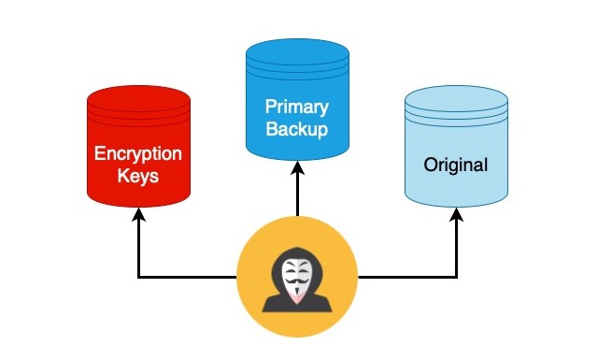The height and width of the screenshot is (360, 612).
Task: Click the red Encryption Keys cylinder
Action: point(138,150)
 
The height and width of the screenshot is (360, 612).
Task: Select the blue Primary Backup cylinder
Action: point(297,103)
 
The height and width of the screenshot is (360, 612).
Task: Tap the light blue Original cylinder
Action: point(456,150)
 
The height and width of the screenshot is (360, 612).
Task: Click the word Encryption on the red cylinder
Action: point(138,153)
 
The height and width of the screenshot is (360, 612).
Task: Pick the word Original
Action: point(456,166)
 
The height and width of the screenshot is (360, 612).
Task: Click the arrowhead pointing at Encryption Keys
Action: point(138,215)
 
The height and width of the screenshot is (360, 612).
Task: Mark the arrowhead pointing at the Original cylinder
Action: point(456,215)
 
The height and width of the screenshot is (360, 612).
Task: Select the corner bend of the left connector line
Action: point(138,277)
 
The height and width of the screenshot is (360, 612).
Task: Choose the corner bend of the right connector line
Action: point(456,277)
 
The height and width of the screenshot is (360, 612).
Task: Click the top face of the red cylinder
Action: point(138,97)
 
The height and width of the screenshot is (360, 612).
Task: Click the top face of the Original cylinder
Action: point(456,99)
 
